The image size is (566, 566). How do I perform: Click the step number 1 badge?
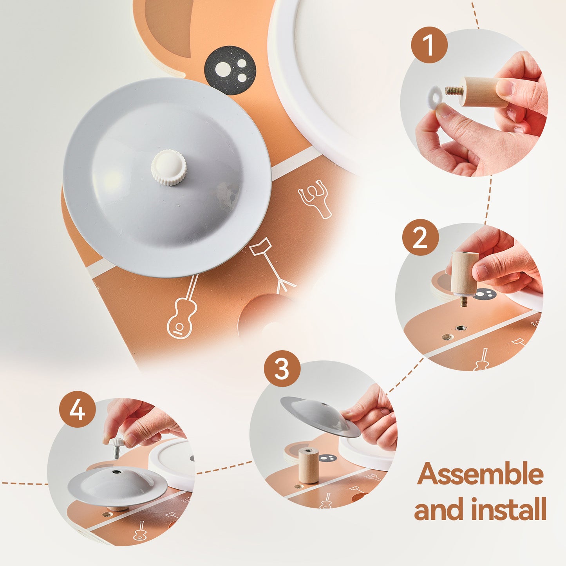429,45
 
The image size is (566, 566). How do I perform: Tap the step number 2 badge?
421,238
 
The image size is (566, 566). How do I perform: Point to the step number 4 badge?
77,409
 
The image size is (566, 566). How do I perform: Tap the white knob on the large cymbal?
168,167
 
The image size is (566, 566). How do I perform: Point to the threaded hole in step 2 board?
458,328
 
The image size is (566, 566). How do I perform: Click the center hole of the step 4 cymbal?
116,472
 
